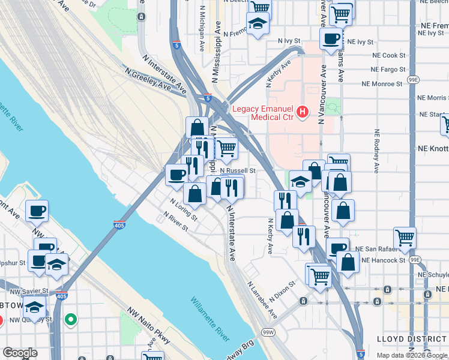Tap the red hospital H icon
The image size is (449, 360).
[x=303, y=111]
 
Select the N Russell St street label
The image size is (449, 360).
[x=238, y=170]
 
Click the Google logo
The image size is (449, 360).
[x=20, y=353]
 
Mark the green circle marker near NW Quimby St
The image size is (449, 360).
[x=71, y=320]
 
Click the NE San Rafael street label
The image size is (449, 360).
[x=377, y=248]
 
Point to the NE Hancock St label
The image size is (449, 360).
[x=381, y=260]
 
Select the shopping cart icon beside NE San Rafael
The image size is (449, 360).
[x=405, y=237]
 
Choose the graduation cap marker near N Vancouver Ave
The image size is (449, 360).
[x=300, y=182]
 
